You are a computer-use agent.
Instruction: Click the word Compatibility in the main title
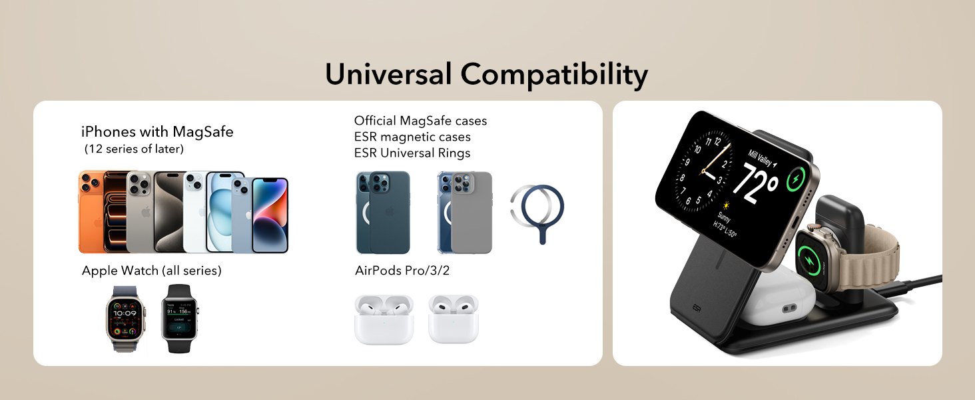click(554, 75)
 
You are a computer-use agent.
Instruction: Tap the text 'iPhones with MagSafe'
click(157, 131)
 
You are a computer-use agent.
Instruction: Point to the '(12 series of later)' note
click(134, 149)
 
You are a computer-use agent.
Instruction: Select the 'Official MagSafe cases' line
click(420, 121)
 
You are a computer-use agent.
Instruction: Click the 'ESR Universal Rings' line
click(412, 153)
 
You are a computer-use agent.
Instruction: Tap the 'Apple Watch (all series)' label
click(151, 271)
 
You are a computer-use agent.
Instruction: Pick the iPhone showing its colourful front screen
click(270, 215)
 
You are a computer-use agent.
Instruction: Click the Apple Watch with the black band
click(180, 318)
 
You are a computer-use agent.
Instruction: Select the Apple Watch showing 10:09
click(125, 318)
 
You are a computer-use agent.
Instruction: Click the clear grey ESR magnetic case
click(466, 213)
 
